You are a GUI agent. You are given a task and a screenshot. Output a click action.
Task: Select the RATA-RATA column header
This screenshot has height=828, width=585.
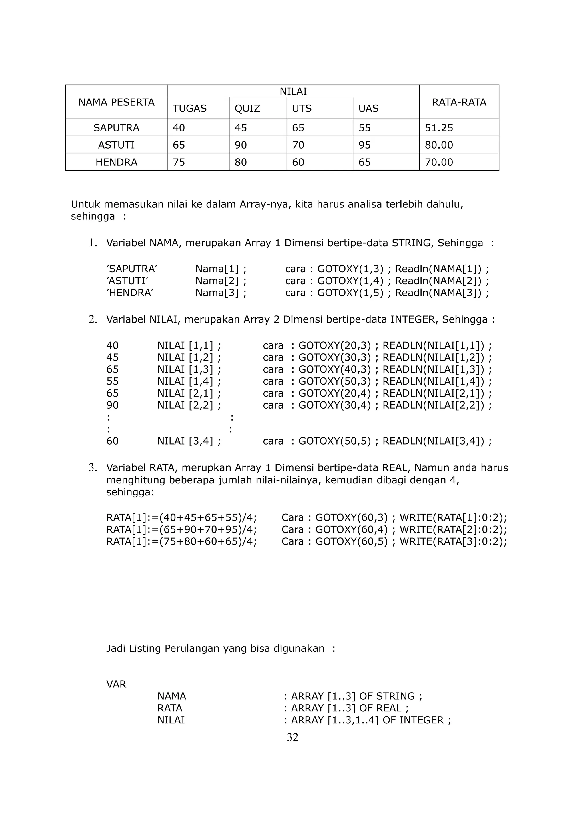coord(459,102)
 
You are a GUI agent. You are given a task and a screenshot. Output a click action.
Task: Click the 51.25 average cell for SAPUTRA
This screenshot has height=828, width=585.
coord(439,128)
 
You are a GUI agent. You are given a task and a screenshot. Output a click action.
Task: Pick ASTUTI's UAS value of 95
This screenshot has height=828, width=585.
coord(364,145)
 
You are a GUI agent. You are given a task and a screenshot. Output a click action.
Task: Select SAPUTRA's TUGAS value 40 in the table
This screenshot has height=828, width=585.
coord(179,128)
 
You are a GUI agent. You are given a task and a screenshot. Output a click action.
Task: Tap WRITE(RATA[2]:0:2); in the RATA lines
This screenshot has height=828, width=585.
coord(453,530)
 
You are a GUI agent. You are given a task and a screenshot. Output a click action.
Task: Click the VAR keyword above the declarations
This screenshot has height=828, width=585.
coord(116,685)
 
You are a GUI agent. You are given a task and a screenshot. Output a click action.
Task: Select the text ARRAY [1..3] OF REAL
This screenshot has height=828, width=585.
coord(346,708)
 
